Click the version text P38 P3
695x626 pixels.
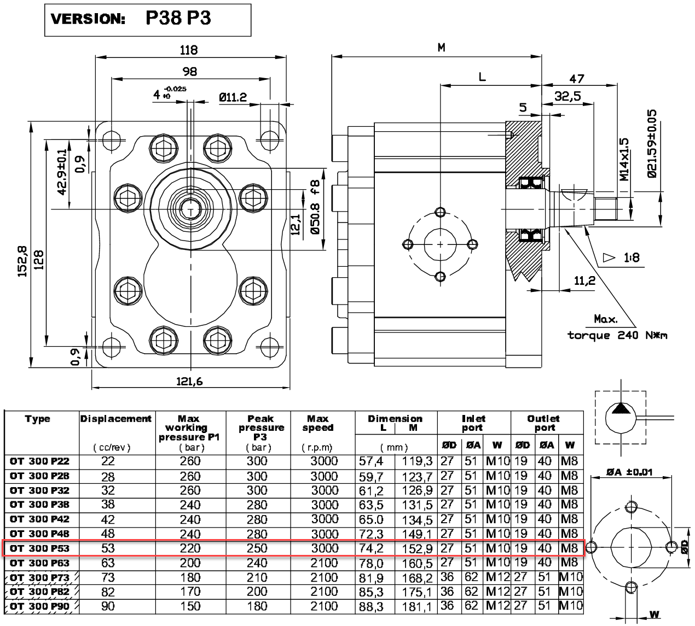click(x=178, y=18)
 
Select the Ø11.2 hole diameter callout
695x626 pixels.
click(x=233, y=97)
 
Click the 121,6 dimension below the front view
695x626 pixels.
click(x=189, y=382)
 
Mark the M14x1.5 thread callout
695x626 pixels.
click(x=624, y=159)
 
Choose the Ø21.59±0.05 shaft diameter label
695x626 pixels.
click(x=651, y=143)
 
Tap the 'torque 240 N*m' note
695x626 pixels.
click(x=617, y=335)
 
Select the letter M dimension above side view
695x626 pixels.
click(x=441, y=48)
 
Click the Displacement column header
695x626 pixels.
click(x=116, y=419)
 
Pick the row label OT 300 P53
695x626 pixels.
click(x=39, y=548)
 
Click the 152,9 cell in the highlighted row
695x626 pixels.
click(x=418, y=548)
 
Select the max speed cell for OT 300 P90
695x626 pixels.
click(x=324, y=606)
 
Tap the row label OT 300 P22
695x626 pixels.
click(x=39, y=461)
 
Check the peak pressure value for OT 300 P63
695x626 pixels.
click(x=257, y=563)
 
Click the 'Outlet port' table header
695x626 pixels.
click(x=543, y=423)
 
